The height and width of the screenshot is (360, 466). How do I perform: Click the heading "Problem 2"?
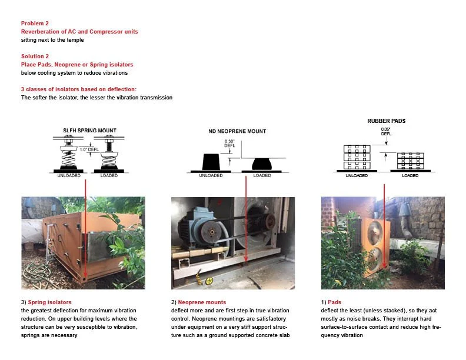tap(35, 24)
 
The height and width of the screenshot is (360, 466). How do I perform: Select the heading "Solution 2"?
tap(35, 56)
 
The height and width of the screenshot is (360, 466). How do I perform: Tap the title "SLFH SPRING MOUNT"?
tap(90, 130)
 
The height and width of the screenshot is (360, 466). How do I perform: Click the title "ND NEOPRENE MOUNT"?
tap(237, 131)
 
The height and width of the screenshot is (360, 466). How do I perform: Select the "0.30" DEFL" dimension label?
tap(229, 144)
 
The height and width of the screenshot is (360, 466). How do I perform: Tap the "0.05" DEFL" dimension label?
tap(386, 131)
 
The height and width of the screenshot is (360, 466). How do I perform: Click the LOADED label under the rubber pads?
tap(410, 175)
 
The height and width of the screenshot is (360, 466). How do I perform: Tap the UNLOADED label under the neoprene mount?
tap(211, 175)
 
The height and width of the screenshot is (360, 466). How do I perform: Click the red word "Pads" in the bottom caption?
tap(334, 302)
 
